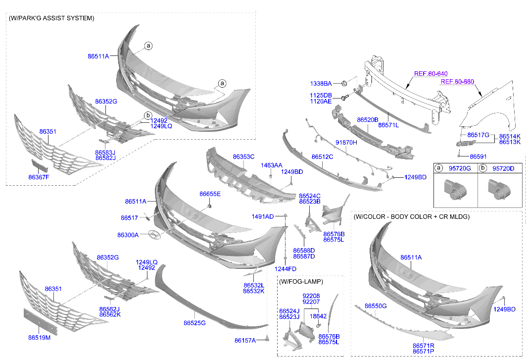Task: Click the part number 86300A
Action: coord(128,235)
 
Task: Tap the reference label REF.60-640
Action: coord(430,74)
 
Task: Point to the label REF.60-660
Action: coord(457,82)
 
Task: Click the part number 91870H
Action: coord(346,142)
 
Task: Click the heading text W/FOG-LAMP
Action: coord(301,281)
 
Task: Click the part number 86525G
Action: coord(194,323)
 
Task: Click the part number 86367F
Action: coord(39,177)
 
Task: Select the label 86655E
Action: coord(210,194)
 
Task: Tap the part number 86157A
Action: coord(245,340)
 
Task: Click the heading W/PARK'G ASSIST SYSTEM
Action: coord(51,18)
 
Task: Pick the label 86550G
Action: coord(376,306)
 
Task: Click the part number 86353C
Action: coord(243,156)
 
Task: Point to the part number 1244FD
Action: coord(285,269)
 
